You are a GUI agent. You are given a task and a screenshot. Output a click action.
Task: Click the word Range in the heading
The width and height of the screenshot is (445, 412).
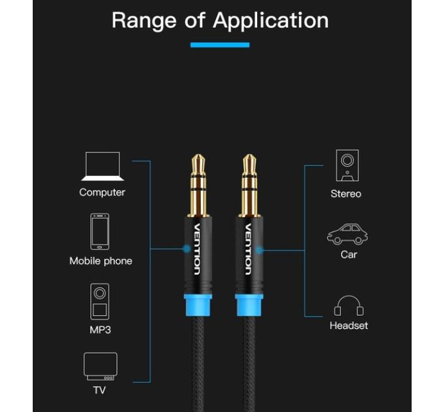click(144, 21)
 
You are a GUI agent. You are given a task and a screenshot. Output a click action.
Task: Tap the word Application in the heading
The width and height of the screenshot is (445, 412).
click(271, 21)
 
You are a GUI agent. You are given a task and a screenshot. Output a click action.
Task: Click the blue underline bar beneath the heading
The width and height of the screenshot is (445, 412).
click(220, 45)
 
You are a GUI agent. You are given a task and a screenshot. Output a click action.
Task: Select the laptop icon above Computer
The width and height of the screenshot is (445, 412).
click(103, 166)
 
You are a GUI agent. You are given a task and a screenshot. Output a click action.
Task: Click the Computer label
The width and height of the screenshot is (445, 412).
click(102, 192)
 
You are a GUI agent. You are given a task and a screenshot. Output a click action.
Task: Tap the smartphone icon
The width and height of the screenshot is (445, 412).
click(99, 232)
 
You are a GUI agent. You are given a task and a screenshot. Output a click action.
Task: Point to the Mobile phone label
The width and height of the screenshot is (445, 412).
click(101, 261)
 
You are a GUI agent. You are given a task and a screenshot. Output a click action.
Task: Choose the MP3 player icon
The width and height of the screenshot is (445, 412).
click(99, 301)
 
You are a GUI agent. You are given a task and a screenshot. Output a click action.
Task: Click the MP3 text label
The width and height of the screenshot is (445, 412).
click(100, 330)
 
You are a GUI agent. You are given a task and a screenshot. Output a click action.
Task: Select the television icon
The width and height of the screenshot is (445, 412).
click(101, 366)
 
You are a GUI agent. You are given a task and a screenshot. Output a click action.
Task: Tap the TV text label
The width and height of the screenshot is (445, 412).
click(99, 390)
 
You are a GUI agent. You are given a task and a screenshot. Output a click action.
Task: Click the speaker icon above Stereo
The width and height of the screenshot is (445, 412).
click(347, 165)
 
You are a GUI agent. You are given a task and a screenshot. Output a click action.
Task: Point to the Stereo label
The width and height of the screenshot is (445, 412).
click(346, 194)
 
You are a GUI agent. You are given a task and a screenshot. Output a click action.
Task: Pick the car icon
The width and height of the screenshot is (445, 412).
click(347, 234)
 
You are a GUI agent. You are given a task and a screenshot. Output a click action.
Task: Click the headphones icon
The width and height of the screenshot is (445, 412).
click(349, 305)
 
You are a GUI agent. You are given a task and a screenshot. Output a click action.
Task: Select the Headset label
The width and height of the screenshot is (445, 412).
click(349, 326)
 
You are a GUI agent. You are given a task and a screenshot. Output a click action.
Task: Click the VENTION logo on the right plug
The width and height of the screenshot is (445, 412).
click(248, 249)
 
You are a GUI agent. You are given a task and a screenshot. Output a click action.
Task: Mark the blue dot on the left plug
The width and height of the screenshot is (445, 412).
click(187, 249)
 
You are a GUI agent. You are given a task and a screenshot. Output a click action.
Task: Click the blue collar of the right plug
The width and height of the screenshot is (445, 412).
click(249, 305)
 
